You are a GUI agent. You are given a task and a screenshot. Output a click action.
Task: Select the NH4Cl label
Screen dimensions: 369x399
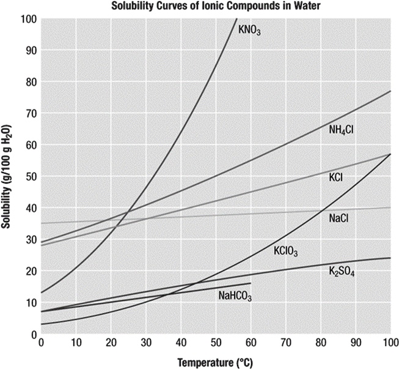(x=341, y=129)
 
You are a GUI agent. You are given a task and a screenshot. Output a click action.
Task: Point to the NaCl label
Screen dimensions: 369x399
(x=339, y=217)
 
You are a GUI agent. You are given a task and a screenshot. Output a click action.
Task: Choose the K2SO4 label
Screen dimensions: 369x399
(x=342, y=272)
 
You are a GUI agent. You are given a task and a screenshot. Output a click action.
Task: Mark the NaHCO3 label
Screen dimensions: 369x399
(x=235, y=296)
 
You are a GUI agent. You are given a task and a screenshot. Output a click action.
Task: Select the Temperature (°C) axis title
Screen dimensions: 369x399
(x=215, y=362)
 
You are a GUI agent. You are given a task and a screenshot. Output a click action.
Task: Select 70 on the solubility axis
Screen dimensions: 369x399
(x=29, y=113)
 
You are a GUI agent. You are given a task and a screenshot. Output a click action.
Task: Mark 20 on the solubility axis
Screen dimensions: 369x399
(x=29, y=270)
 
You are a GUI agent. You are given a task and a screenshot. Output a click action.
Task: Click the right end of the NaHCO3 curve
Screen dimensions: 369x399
(x=251, y=283)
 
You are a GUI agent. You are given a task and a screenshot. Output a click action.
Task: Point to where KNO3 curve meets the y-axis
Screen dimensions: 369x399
(x=41, y=293)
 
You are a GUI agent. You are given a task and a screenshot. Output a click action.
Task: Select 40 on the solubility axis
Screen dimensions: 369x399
(x=29, y=207)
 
